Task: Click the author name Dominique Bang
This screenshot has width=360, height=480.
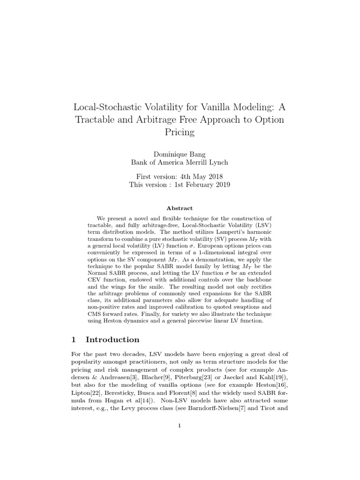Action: (x=180, y=154)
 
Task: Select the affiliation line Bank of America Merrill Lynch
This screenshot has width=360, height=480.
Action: (x=180, y=163)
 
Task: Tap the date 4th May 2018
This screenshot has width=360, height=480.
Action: (x=199, y=176)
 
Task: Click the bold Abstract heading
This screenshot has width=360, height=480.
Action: (x=180, y=208)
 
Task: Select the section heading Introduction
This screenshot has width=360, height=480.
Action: (x=112, y=339)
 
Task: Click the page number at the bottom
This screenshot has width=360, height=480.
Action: (x=180, y=426)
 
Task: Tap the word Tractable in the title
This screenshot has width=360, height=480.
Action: (x=96, y=120)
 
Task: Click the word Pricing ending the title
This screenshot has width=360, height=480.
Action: (x=180, y=132)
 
